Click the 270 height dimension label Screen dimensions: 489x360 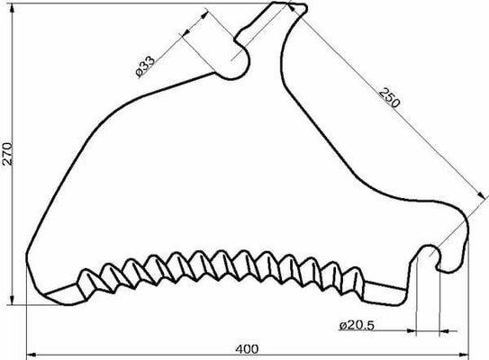tap(7, 154)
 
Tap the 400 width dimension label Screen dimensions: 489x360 tap(247, 349)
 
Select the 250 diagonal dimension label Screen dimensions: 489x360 tap(389, 98)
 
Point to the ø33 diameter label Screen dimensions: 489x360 tap(145, 67)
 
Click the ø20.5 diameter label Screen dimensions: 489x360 tap(357, 326)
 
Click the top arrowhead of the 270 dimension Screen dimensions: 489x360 tap(13, 8)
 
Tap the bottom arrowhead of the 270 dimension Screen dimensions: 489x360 tap(12, 300)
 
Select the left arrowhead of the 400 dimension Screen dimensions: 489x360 tap(32, 355)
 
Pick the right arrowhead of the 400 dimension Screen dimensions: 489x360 tap(464, 355)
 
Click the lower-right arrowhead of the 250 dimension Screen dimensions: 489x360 tap(481, 195)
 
